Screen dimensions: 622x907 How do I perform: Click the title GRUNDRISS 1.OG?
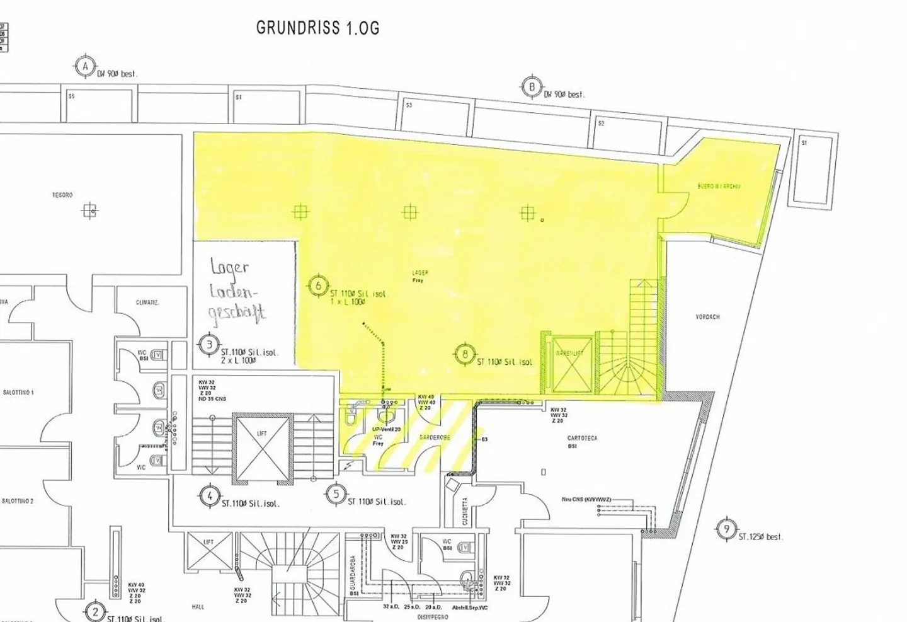point(317,28)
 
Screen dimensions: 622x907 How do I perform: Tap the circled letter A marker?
point(85,67)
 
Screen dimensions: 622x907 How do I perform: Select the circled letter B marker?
point(532,87)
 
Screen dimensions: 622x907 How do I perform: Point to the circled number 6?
point(319,286)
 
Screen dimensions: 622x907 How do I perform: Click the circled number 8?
point(465,354)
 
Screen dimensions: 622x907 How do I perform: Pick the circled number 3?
point(209,345)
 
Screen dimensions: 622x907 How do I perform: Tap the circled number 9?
point(727,529)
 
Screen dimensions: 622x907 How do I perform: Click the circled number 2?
point(94,611)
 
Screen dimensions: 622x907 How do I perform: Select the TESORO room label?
point(62,195)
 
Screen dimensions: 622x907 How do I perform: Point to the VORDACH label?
point(707,317)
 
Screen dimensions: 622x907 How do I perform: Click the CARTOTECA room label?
point(582,438)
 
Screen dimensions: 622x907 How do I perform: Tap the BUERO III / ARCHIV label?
point(719,187)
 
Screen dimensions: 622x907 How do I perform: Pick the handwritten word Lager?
point(230,268)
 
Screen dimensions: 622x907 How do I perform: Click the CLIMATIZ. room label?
point(147,302)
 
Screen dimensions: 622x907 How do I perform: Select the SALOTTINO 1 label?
point(18,393)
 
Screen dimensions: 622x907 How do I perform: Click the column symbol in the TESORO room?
point(90,210)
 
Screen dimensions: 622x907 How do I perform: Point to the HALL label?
point(198,607)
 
